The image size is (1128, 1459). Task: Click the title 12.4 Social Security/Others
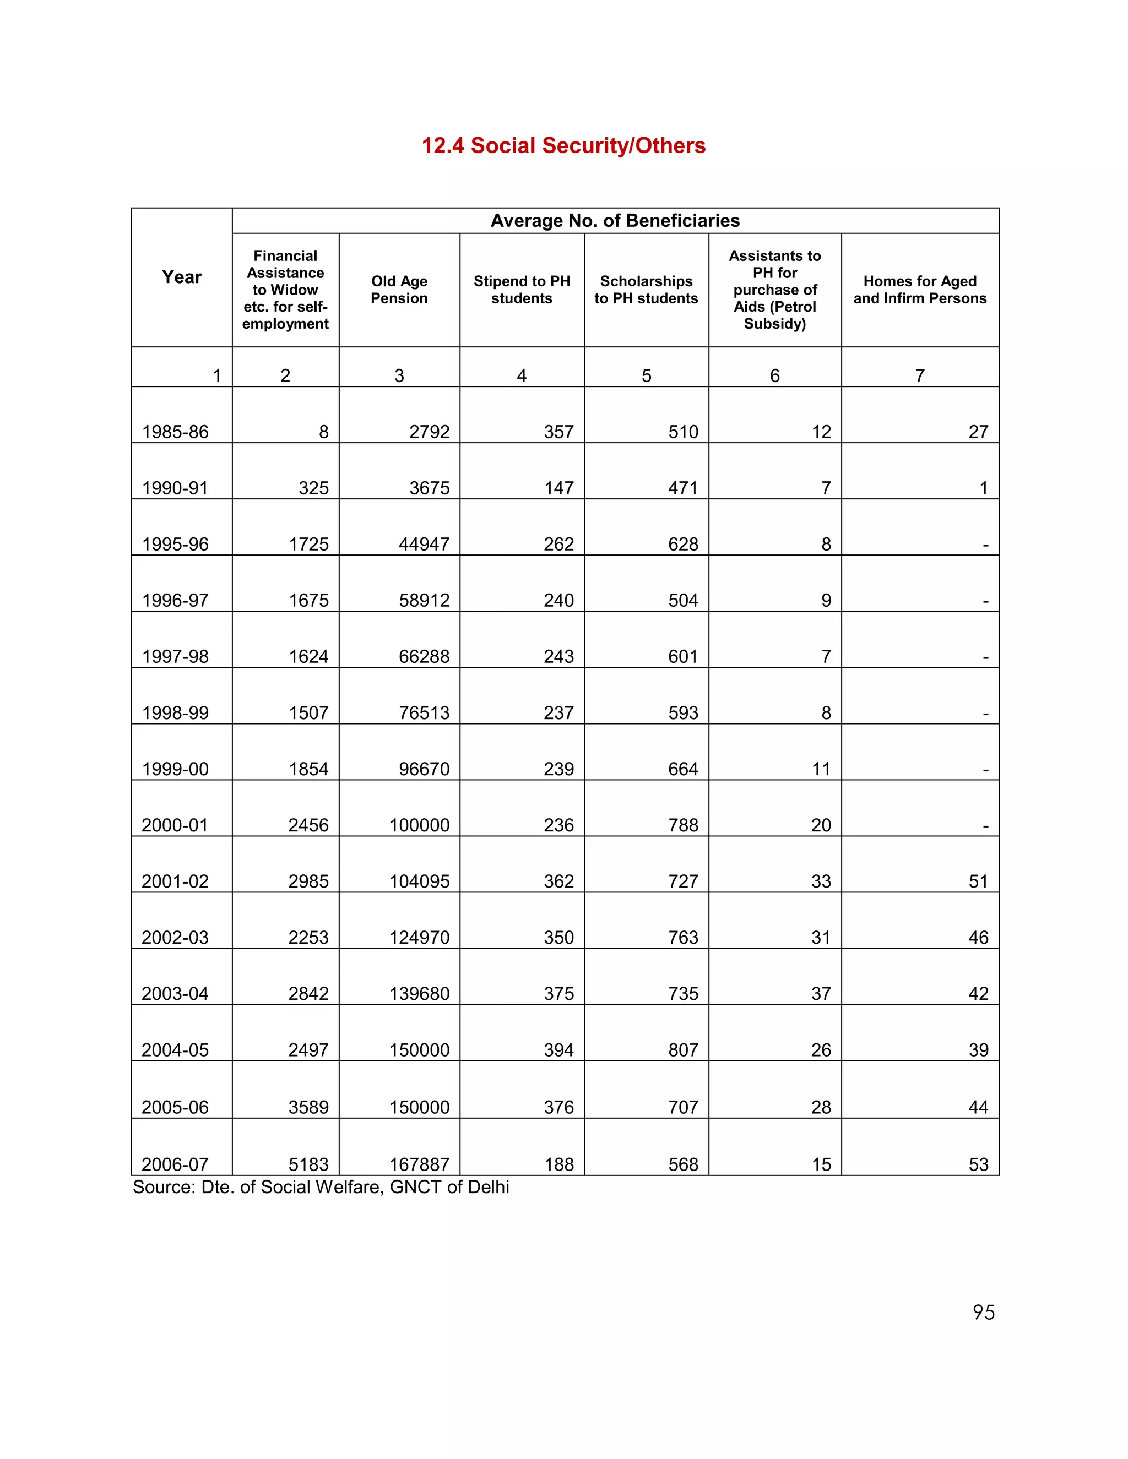point(563,146)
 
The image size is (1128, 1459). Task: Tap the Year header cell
point(182,277)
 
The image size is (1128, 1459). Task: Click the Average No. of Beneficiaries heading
point(615,221)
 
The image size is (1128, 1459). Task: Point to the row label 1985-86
point(175,432)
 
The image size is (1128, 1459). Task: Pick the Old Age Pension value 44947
point(424,545)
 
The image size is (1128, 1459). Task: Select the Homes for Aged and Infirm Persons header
point(919,290)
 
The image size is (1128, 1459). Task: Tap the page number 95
point(983,1313)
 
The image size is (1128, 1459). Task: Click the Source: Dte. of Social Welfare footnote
point(321,1187)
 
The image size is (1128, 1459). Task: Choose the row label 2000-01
point(175,826)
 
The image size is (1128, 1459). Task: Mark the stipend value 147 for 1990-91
point(558,488)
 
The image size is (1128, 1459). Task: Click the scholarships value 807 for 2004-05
point(683,1050)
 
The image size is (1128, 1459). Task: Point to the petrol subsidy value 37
point(821,994)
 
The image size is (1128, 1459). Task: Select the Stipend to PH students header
point(522,290)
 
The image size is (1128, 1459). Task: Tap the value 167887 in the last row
point(419,1165)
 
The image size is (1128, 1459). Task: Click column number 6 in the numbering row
point(774,376)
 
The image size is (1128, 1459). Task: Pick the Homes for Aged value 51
point(978,882)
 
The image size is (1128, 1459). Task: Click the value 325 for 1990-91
point(313,488)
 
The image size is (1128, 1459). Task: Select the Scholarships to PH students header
point(646,290)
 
